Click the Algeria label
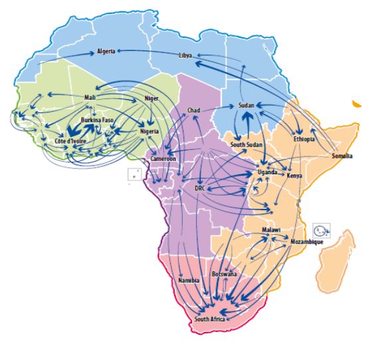(x=106, y=51)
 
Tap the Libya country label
(x=185, y=55)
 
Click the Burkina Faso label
(x=98, y=120)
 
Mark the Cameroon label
(x=162, y=160)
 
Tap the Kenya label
(x=295, y=176)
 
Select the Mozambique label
(x=307, y=242)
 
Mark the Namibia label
(x=189, y=281)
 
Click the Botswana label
(x=223, y=273)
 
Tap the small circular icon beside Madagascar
(x=321, y=230)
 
